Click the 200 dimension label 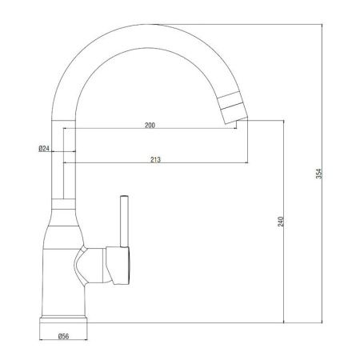coord(150,125)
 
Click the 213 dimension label coord(155,159)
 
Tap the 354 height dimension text coord(319,174)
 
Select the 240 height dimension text coord(281,222)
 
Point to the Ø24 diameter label coord(44,148)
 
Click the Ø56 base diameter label coord(63,336)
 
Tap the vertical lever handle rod coord(124,222)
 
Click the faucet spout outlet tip coord(237,122)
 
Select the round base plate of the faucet coord(63,320)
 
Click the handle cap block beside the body coord(118,266)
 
